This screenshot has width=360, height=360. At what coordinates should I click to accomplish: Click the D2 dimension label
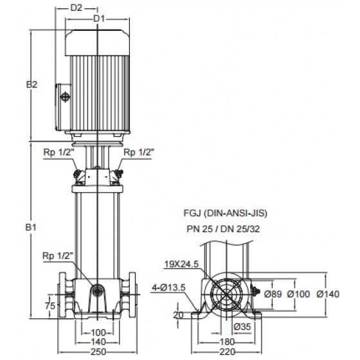pyautogui.click(x=76, y=8)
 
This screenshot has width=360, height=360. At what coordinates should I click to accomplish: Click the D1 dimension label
pyautogui.click(x=99, y=19)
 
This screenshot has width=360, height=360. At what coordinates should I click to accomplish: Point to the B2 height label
pyautogui.click(x=32, y=84)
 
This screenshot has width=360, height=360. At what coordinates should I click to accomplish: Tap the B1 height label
pyautogui.click(x=31, y=228)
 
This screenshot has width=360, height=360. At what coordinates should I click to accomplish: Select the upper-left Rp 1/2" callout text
pyautogui.click(x=59, y=152)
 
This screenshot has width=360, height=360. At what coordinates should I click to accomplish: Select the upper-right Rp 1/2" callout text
pyautogui.click(x=139, y=152)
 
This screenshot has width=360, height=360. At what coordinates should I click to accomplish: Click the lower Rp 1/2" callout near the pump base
pyautogui.click(x=58, y=256)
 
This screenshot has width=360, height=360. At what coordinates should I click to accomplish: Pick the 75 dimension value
pyautogui.click(x=50, y=305)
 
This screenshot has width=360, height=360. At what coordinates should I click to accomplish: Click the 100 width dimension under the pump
pyautogui.click(x=98, y=332)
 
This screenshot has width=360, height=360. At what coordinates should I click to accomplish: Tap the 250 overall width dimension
pyautogui.click(x=98, y=352)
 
